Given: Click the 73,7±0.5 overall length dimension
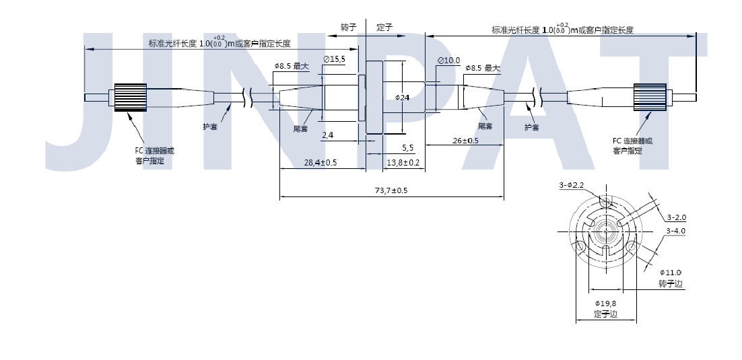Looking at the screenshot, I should click(391, 191).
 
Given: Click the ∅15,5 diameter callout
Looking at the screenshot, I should click(334, 59).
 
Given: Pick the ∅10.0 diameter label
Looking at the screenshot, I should click(448, 61).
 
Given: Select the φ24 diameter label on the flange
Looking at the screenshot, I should click(403, 98).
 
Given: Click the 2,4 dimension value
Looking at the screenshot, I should click(328, 135).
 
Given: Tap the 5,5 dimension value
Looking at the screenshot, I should click(408, 147).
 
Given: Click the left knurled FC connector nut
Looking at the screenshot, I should click(131, 98).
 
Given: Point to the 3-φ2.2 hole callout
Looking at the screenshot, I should click(571, 185).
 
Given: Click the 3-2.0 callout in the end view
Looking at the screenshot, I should click(676, 217).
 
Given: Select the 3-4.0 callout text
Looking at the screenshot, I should click(675, 231).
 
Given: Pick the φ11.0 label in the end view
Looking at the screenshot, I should click(672, 272).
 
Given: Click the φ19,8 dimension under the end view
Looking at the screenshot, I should click(605, 303).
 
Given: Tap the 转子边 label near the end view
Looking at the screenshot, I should click(671, 285).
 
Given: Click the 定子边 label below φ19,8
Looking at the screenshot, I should click(605, 314).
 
